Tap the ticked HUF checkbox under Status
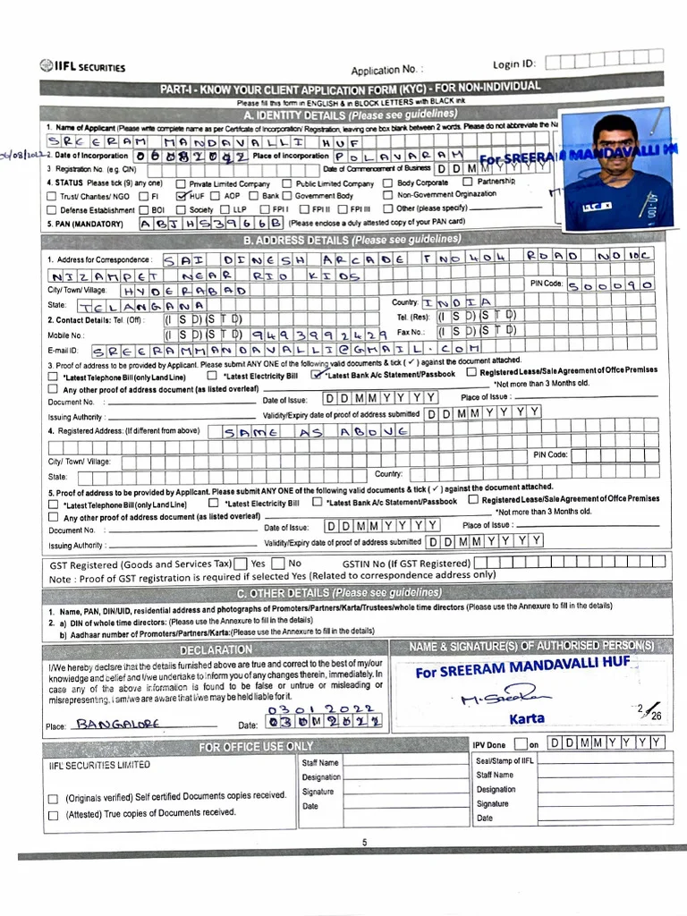[182, 195]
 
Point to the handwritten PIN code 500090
[616, 284]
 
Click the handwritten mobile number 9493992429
[314, 333]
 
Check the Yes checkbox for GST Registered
[240, 564]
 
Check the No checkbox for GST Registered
[278, 564]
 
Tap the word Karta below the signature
[526, 718]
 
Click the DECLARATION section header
[216, 649]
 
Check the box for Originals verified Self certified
[53, 798]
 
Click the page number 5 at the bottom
[364, 843]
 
